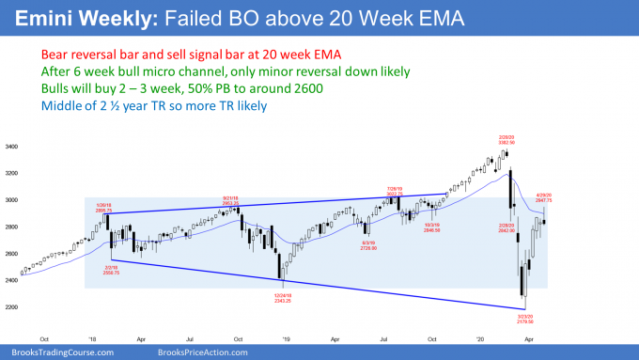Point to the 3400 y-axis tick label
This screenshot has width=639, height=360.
coord(14,149)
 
